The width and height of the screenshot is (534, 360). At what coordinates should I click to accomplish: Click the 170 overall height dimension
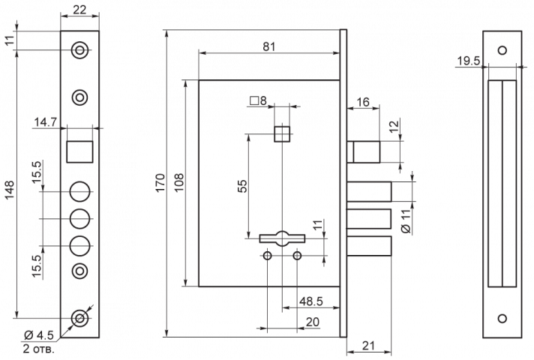pyautogui.click(x=160, y=183)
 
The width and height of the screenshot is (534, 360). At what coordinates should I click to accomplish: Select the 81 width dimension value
pyautogui.click(x=269, y=46)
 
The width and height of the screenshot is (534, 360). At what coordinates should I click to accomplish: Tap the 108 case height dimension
pyautogui.click(x=178, y=183)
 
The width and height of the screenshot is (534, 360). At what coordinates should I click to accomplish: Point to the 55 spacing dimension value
pyautogui.click(x=242, y=186)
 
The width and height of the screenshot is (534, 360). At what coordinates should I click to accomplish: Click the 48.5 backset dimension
pyautogui.click(x=311, y=301)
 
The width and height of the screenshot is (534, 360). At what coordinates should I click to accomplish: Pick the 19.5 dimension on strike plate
pyautogui.click(x=468, y=61)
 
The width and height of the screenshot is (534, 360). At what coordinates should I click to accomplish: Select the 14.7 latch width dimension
pyautogui.click(x=45, y=122)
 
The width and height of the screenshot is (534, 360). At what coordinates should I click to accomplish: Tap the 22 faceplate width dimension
pyautogui.click(x=79, y=10)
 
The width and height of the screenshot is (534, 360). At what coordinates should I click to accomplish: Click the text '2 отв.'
pyautogui.click(x=38, y=349)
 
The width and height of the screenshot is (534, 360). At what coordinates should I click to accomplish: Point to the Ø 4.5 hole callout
pyautogui.click(x=39, y=335)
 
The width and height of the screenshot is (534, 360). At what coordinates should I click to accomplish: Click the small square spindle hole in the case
pyautogui.click(x=282, y=133)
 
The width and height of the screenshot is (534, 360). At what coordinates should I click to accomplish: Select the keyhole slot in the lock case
pyautogui.click(x=282, y=238)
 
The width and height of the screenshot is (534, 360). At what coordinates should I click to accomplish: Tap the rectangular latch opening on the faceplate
pyautogui.click(x=79, y=151)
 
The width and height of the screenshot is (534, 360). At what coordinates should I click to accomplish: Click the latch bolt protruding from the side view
pyautogui.click(x=364, y=152)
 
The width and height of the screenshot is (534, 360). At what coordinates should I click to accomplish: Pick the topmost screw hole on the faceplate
pyautogui.click(x=79, y=50)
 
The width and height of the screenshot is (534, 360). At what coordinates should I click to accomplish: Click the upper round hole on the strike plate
pyautogui.click(x=502, y=50)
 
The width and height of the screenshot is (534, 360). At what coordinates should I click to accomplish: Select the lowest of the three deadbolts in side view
pyautogui.click(x=370, y=245)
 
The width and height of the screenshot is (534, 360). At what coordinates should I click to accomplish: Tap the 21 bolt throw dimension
pyautogui.click(x=368, y=346)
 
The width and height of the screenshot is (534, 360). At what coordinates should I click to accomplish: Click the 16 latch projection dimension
pyautogui.click(x=363, y=102)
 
